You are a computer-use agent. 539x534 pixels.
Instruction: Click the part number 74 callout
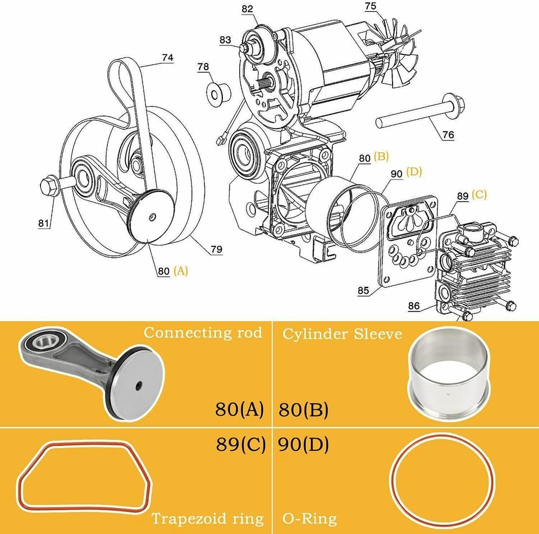click(167, 57)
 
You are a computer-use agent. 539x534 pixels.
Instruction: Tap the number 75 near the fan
click(371, 7)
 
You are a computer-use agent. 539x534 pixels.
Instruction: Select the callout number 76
click(448, 135)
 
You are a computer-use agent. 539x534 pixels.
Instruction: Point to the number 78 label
click(203, 67)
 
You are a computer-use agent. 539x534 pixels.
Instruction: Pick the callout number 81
click(44, 223)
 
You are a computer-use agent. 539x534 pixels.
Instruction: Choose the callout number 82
click(248, 9)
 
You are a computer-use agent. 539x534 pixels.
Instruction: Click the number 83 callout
click(225, 40)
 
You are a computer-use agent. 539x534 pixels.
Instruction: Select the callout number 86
click(414, 306)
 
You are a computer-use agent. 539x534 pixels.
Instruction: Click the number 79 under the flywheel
click(216, 249)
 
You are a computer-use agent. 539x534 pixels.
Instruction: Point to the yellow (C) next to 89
click(479, 194)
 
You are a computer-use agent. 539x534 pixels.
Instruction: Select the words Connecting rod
click(203, 332)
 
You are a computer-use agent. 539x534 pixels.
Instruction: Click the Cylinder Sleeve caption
click(342, 334)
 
